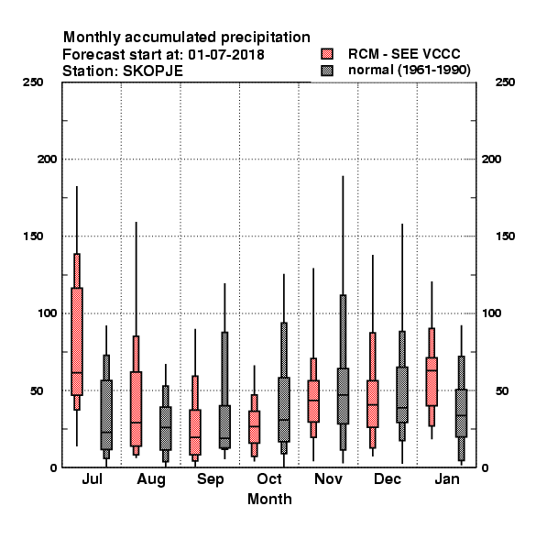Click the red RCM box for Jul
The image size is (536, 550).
[77, 341]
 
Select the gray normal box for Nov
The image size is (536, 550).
[343, 396]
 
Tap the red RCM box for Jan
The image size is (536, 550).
[432, 381]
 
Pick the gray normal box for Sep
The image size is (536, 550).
[224, 426]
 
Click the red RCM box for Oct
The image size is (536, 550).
[255, 427]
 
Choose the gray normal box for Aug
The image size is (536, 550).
[166, 428]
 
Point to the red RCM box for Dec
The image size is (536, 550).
[373, 403]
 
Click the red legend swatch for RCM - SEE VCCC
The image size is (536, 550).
[327, 54]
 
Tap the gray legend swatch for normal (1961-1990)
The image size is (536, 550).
[327, 71]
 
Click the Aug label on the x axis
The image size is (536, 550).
[151, 479]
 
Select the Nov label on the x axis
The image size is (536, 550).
[328, 479]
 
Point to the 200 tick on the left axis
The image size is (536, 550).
[47, 159]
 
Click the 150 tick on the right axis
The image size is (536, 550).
[505, 236]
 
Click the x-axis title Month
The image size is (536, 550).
[269, 499]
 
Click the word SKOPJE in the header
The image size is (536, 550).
[153, 71]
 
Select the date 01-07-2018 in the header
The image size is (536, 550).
[226, 55]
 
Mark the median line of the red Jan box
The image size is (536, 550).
[432, 370]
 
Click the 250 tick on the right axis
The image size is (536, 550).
[505, 82]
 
